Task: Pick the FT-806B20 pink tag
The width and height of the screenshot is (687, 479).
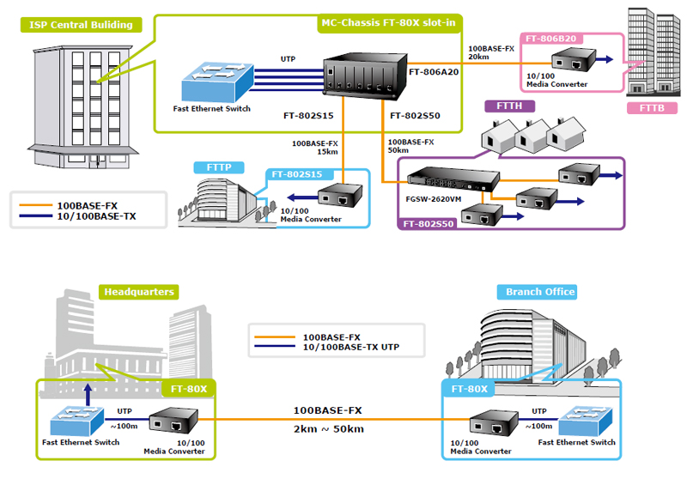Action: click(550, 39)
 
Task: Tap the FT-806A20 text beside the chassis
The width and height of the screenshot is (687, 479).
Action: click(435, 72)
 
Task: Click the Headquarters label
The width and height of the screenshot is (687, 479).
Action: click(138, 292)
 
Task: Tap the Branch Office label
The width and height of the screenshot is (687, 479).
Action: click(540, 292)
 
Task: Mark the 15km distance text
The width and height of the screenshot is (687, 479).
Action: click(327, 152)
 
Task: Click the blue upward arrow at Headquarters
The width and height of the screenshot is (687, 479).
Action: click(88, 393)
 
